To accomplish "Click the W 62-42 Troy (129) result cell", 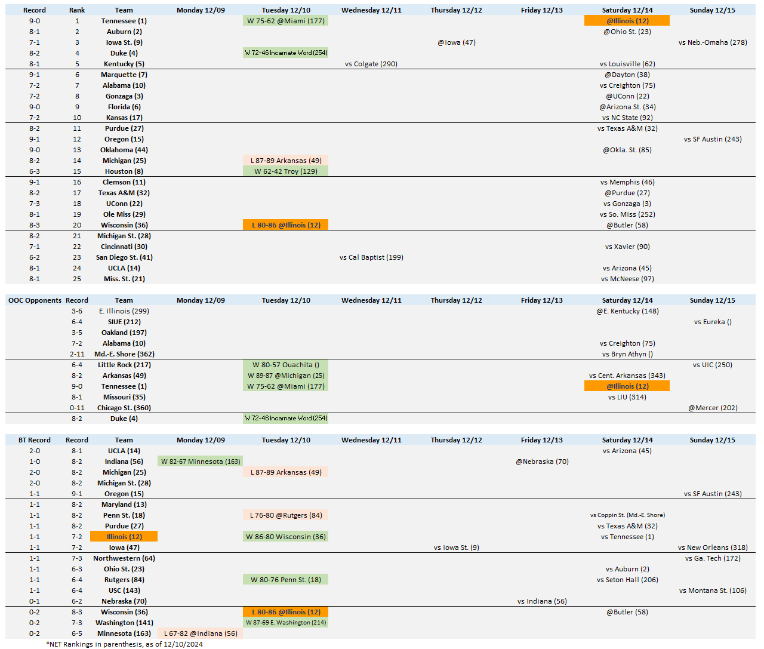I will click(285, 171).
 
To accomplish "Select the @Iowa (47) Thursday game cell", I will click(456, 42).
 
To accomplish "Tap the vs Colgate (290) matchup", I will click(371, 64).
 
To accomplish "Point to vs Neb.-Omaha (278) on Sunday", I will click(712, 42).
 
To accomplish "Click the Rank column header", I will click(77, 10).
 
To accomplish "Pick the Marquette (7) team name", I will click(124, 75).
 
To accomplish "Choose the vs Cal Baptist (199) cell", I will click(371, 257).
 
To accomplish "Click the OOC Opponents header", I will click(35, 300).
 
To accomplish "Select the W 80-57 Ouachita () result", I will click(285, 365).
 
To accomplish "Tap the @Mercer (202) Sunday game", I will click(712, 408).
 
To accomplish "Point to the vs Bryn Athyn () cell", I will click(627, 354).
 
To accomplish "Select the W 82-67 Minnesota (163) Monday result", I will click(201, 462).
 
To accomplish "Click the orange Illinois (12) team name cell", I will click(124, 537).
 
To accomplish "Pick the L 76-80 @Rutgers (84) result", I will click(285, 515).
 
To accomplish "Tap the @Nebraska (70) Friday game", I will click(541, 462).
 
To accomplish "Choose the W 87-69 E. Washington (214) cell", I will click(285, 623).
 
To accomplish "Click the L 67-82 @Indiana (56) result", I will click(201, 633).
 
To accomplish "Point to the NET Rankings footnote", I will click(124, 644).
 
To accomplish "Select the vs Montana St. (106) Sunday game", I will click(712, 590).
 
